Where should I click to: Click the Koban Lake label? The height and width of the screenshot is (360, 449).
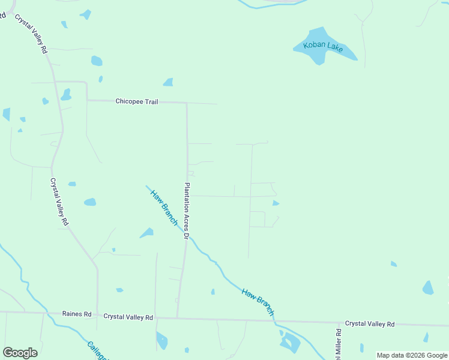(x=323, y=46)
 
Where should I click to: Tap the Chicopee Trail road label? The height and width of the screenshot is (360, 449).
(x=137, y=102)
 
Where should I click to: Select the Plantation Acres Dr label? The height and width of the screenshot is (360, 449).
(x=187, y=211)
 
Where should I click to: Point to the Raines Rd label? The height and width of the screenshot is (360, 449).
(x=77, y=314)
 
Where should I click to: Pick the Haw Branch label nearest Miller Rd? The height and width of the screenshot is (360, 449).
(x=258, y=302)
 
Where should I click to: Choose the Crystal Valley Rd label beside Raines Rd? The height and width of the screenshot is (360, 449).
(x=128, y=317)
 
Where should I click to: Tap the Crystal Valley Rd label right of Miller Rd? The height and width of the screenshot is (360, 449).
(x=370, y=324)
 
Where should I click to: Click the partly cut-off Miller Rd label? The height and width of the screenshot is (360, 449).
(x=339, y=341)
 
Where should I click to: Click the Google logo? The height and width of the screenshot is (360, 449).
(x=20, y=353)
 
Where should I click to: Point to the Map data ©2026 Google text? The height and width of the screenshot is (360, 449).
(x=412, y=355)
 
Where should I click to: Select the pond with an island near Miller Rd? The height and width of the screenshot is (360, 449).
(x=291, y=342)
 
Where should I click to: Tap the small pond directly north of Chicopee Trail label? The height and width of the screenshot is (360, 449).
(x=168, y=82)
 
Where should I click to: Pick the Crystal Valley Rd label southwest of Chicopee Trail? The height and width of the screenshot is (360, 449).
(x=59, y=201)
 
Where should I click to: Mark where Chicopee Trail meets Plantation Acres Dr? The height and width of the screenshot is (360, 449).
(x=187, y=103)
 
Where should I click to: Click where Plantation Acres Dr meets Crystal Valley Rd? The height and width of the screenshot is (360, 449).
(x=177, y=318)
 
